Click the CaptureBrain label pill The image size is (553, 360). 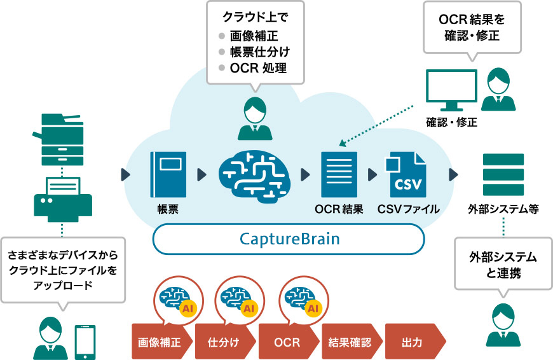(289, 240)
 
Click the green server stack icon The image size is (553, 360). (503, 174)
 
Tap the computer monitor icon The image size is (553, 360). (451, 90)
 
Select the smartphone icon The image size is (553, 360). (85, 342)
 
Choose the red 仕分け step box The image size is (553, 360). (223, 342)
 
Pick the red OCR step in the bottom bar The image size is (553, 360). (287, 342)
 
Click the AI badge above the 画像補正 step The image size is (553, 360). (187, 308)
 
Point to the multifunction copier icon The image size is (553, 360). (62, 137)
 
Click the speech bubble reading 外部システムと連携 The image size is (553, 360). (503, 267)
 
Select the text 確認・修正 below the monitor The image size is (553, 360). (451, 122)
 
